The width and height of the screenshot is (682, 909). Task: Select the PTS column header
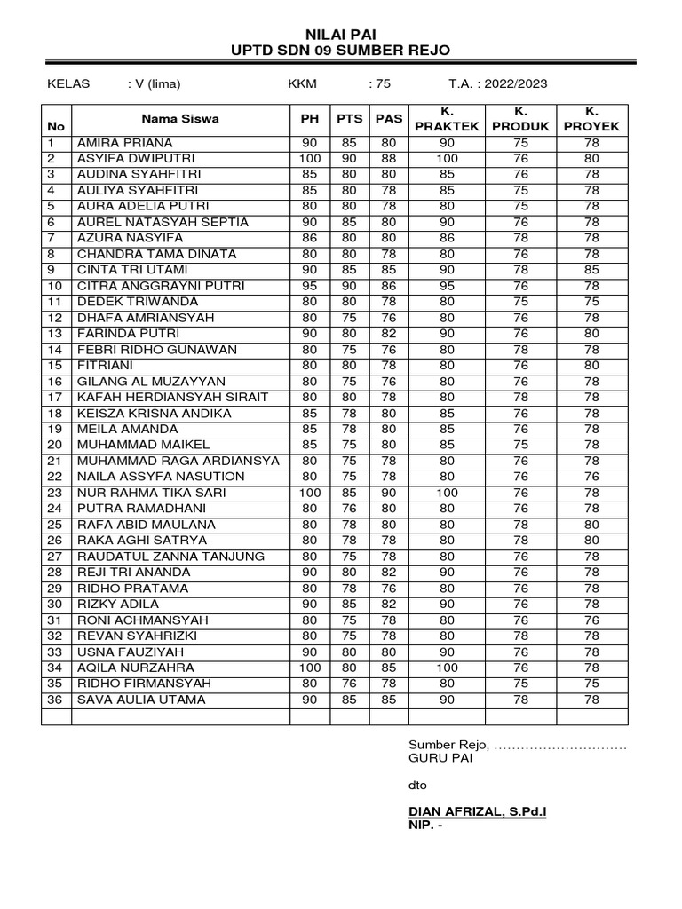(x=350, y=118)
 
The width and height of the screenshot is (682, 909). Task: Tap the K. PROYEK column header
(x=591, y=118)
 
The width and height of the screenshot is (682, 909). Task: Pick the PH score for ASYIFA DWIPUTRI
(x=310, y=159)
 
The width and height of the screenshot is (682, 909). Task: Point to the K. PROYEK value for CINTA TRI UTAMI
(x=591, y=270)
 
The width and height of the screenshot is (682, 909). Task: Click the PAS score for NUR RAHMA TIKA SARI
(x=389, y=493)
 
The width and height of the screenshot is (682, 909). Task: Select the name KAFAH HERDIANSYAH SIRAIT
(x=172, y=398)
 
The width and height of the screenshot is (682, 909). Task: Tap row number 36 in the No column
(x=55, y=700)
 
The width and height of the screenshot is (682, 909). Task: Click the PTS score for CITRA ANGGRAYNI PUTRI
(x=350, y=286)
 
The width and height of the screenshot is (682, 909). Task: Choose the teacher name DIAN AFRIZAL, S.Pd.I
(x=477, y=811)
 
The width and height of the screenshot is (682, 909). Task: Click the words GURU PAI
(x=440, y=759)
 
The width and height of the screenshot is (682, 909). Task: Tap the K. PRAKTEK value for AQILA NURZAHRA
(x=447, y=668)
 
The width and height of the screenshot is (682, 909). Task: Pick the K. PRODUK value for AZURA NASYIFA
(x=521, y=238)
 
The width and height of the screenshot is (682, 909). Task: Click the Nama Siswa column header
(x=180, y=118)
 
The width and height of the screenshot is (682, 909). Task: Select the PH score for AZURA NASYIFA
(x=310, y=238)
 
